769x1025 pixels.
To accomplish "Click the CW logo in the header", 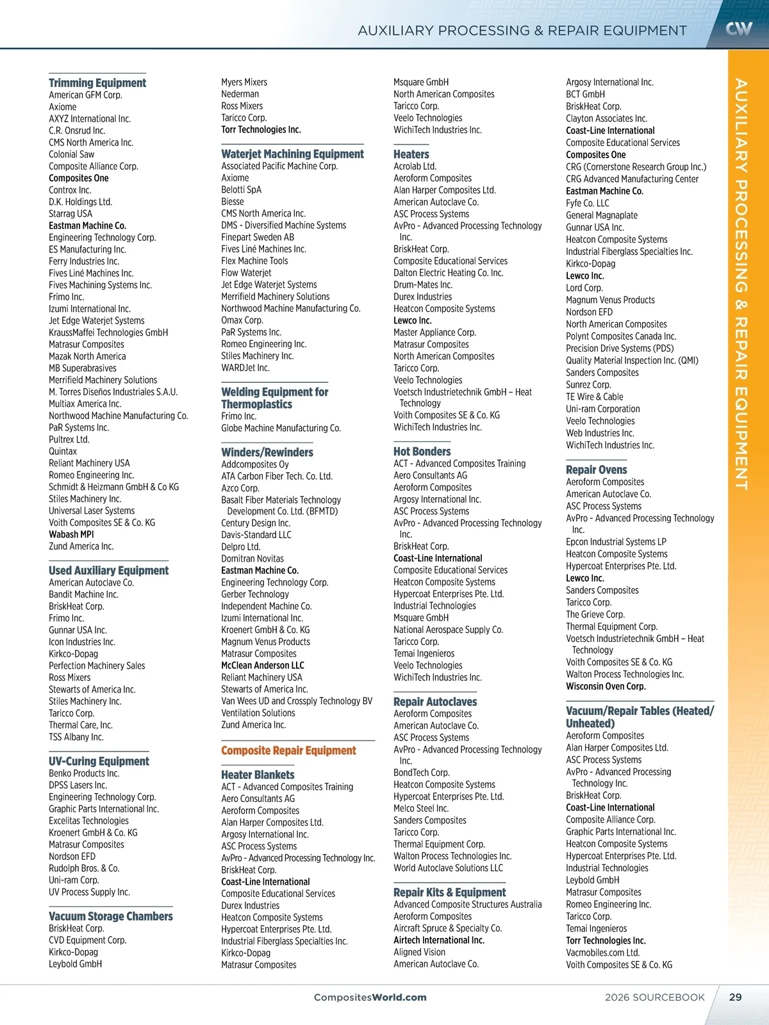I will pyautogui.click(x=739, y=28).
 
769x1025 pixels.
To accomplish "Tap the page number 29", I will pyautogui.click(x=735, y=997).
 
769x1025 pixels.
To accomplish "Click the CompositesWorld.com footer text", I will pyautogui.click(x=370, y=997).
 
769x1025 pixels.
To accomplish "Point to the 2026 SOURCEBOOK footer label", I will pyautogui.click(x=654, y=997).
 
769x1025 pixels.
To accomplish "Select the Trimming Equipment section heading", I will pyautogui.click(x=97, y=83).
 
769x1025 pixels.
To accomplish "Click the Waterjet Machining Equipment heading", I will pyautogui.click(x=292, y=154).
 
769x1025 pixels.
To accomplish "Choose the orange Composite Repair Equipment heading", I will pyautogui.click(x=288, y=750).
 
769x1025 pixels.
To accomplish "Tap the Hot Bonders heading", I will pyautogui.click(x=422, y=452).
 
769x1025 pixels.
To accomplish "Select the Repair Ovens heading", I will pyautogui.click(x=597, y=470).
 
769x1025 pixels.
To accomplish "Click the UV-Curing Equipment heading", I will pyautogui.click(x=99, y=761).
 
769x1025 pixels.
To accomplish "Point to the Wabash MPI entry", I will pyautogui.click(x=71, y=534).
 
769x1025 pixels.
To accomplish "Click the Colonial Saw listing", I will pyautogui.click(x=71, y=154).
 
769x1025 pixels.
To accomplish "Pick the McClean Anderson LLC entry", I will pyautogui.click(x=263, y=665).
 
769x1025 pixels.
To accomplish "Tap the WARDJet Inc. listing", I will pyautogui.click(x=245, y=368).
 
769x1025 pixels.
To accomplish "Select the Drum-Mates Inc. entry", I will pyautogui.click(x=423, y=284).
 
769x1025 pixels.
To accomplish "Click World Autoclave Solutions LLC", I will pyautogui.click(x=449, y=868).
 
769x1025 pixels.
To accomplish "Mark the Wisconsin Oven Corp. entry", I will pyautogui.click(x=606, y=686).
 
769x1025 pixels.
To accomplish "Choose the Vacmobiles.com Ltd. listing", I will pyautogui.click(x=602, y=953).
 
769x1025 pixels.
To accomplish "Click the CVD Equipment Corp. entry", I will pyautogui.click(x=88, y=940).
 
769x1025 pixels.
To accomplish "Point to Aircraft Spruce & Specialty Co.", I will pyautogui.click(x=448, y=928).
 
